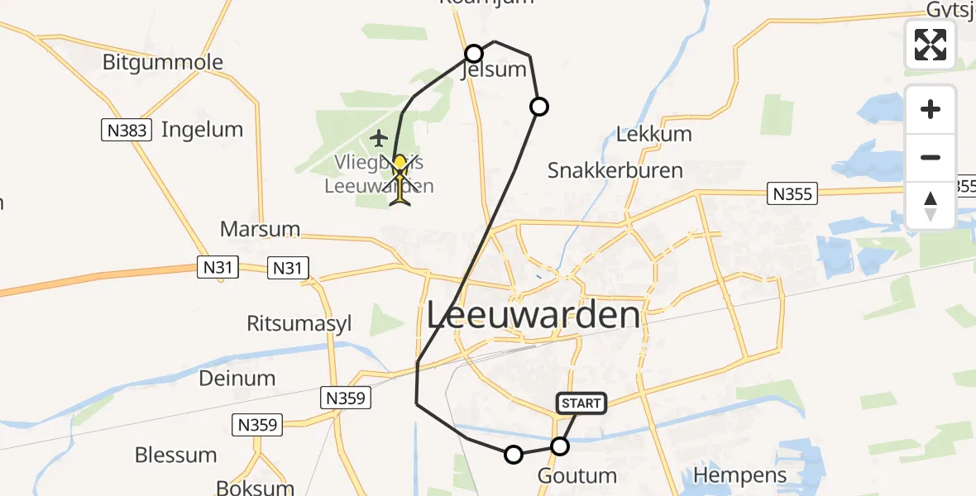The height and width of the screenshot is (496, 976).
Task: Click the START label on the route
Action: [582, 403]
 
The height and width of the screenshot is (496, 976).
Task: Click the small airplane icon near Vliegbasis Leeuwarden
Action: [379, 137]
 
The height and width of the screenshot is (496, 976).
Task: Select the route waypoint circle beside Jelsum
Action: [474, 54]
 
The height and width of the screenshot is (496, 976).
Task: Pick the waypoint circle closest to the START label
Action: [560, 446]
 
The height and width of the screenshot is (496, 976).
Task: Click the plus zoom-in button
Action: [931, 109]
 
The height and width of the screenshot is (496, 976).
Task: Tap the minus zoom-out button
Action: [931, 157]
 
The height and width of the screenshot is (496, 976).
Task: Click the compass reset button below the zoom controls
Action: [931, 205]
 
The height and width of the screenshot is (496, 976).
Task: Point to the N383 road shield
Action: [127, 129]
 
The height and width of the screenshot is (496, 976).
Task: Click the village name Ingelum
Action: [202, 130]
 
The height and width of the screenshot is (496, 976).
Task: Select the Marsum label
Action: [260, 228]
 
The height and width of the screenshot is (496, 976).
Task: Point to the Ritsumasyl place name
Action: [299, 323]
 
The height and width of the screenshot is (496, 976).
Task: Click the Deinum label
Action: [237, 379]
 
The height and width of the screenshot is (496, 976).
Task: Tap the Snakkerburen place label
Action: [615, 170]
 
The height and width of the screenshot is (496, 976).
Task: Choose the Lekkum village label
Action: [654, 134]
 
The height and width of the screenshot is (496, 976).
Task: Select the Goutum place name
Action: [577, 476]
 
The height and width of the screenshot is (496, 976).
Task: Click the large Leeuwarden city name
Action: [533, 315]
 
